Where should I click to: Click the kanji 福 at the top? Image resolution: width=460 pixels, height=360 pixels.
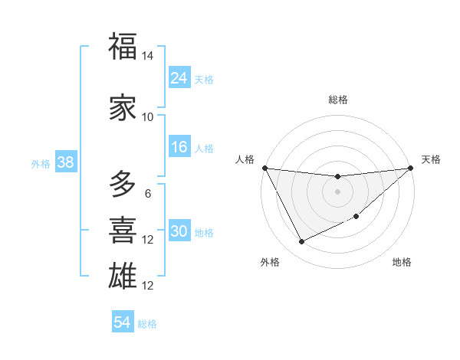123,47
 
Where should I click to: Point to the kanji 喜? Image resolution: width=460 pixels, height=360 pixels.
123,229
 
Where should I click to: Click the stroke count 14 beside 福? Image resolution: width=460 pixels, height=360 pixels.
148,57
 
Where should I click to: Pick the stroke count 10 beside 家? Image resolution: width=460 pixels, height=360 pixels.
148,117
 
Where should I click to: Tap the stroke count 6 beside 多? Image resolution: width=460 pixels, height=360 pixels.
148,194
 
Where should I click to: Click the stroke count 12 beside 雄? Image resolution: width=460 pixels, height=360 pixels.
148,286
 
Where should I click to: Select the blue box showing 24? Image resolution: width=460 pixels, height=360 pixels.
179,77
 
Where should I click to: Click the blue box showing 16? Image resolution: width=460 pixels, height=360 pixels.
179,147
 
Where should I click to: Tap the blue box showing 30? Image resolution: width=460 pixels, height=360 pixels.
179,231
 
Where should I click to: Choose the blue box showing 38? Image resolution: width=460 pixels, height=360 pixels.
65,162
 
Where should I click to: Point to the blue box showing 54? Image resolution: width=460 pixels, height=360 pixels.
122,322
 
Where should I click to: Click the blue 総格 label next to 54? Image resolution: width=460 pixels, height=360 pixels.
147,324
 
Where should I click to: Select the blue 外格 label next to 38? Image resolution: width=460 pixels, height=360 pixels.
41,163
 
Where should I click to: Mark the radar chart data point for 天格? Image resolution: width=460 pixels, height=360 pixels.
411,168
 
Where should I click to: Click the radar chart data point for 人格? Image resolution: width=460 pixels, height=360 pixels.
264,168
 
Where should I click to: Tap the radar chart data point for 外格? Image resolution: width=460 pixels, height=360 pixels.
301,242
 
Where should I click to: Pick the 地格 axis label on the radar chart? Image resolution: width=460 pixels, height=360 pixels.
402,263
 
